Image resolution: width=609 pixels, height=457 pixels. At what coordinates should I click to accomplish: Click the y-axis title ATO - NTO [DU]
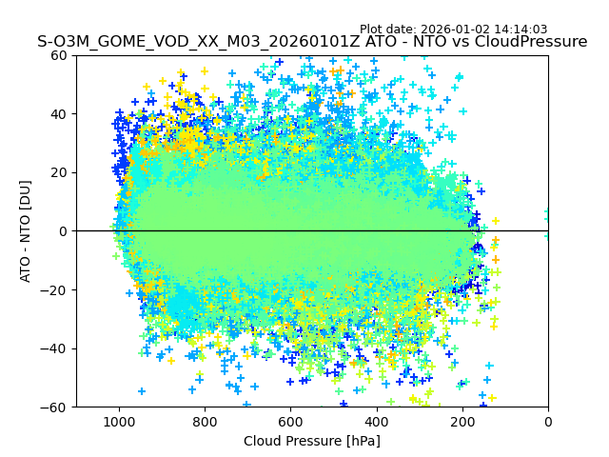pos(26,231)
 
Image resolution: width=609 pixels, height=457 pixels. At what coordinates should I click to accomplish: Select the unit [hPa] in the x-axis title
pos(362,441)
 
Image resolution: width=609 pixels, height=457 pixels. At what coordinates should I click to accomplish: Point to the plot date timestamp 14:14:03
pos(521,30)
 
